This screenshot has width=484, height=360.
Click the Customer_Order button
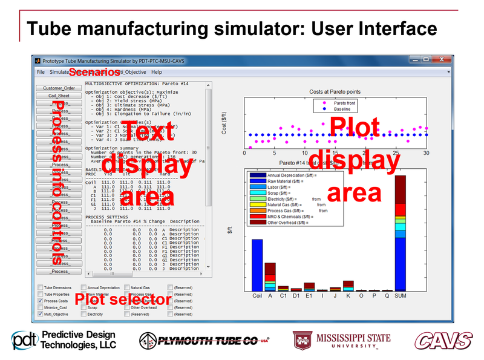59,88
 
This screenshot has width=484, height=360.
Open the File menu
41,72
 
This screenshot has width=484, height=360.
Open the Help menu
157,72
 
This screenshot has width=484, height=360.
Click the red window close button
440,60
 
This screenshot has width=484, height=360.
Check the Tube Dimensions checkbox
40,288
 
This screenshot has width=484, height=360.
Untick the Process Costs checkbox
40,301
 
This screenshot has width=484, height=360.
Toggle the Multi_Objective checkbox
40,315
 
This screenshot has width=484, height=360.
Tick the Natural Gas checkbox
127,288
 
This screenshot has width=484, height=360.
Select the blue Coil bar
257,265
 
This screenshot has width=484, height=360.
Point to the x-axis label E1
309,296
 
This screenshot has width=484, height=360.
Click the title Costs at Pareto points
335,92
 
